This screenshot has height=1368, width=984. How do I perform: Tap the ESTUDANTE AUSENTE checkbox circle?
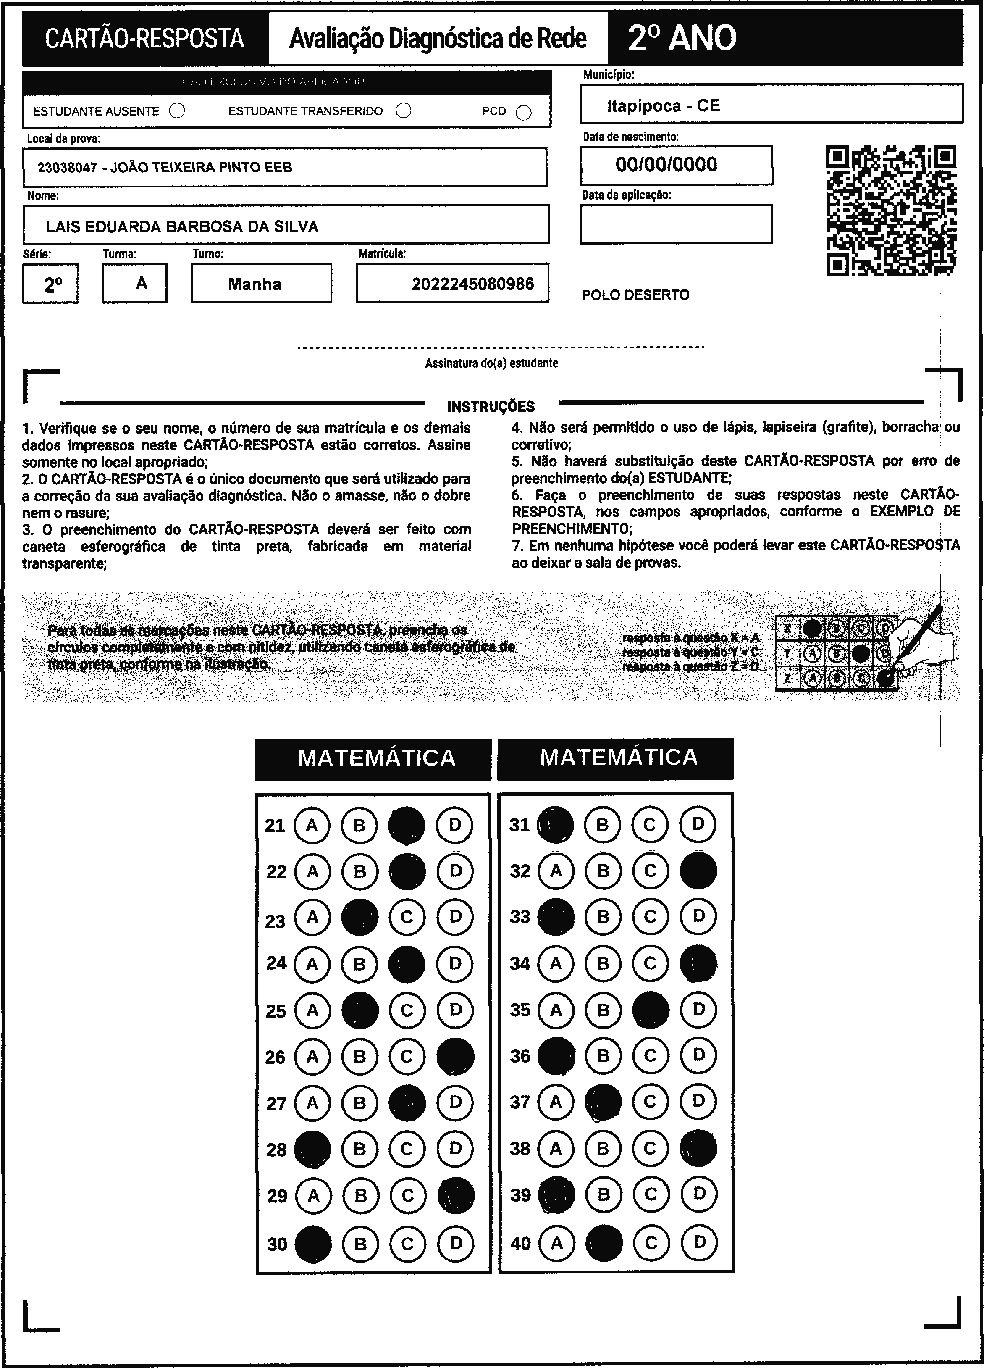point(177,111)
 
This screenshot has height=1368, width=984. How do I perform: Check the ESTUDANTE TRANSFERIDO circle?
point(403,110)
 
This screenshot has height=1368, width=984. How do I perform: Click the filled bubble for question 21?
point(407,825)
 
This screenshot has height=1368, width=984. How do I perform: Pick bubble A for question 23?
point(312,918)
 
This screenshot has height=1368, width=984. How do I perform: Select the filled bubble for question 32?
point(698,871)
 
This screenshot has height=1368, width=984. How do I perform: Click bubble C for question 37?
point(650,1102)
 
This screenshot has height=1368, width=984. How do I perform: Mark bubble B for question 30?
point(360,1243)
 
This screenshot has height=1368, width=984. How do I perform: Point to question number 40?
point(520,1243)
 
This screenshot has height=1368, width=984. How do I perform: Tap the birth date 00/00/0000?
point(666,165)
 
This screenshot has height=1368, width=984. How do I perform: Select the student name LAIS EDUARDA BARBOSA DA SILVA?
point(182,227)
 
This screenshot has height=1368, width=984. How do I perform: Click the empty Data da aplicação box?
point(676,224)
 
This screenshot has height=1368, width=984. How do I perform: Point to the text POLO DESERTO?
point(635,295)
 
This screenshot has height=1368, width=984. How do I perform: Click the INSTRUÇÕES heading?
point(491,407)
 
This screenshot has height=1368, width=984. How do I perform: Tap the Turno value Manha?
point(255,284)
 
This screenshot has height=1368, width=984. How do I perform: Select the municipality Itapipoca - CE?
point(663,106)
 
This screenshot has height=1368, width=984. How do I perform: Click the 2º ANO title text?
point(682,38)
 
